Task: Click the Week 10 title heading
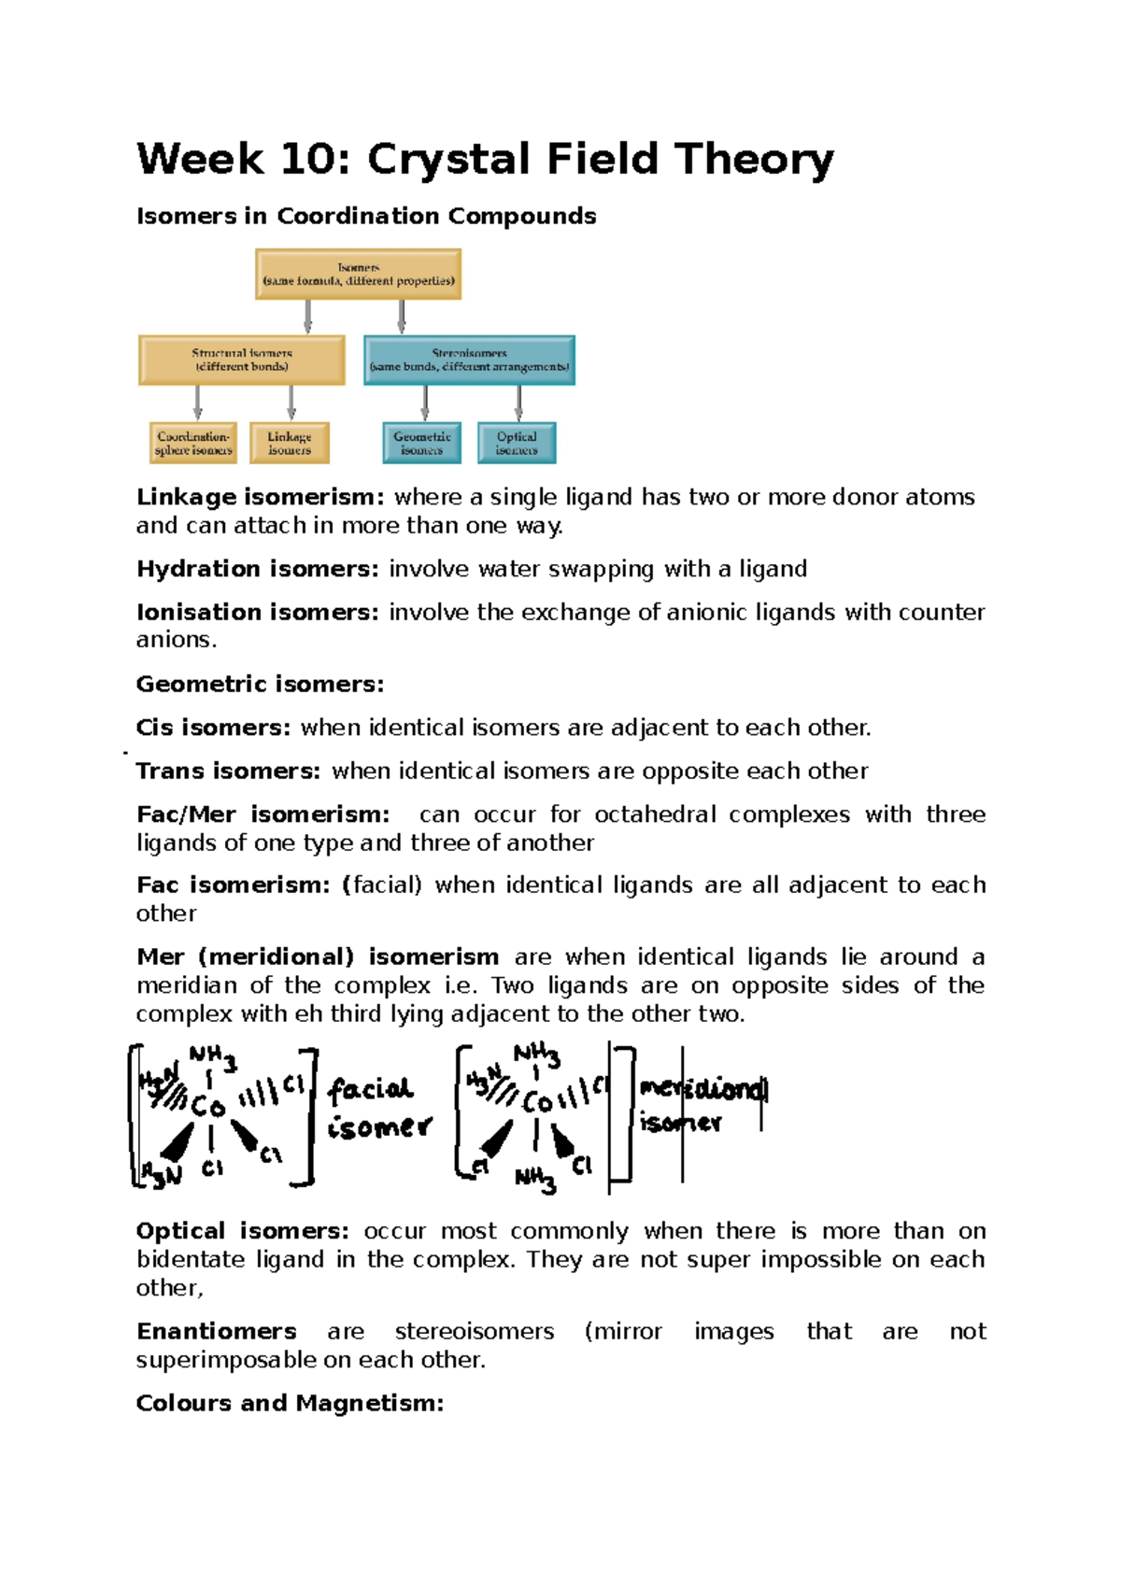(x=484, y=159)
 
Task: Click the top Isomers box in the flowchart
(x=358, y=274)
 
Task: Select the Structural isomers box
(x=241, y=361)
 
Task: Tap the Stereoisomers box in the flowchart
(x=469, y=361)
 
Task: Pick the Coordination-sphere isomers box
(x=193, y=443)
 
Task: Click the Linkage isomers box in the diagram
(x=290, y=443)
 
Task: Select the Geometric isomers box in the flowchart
(x=422, y=443)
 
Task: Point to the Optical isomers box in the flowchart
(x=517, y=443)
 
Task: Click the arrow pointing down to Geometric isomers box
(x=425, y=403)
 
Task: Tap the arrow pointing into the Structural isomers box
(x=307, y=317)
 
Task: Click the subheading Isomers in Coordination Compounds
(x=366, y=217)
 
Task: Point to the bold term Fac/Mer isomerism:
(x=263, y=814)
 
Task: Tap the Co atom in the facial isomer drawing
(x=208, y=1107)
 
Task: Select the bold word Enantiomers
(x=216, y=1332)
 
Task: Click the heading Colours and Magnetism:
(x=290, y=1404)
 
